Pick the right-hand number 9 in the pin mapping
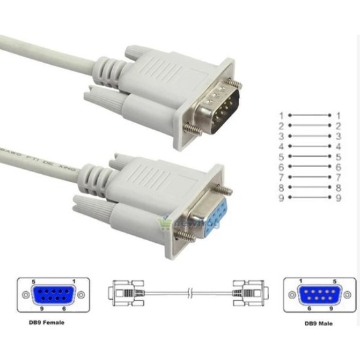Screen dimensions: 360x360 (x=338, y=198)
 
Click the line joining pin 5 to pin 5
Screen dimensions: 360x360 (x=310, y=156)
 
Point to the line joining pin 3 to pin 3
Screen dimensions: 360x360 (x=310, y=135)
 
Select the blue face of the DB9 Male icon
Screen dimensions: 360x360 (x=313, y=295)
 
